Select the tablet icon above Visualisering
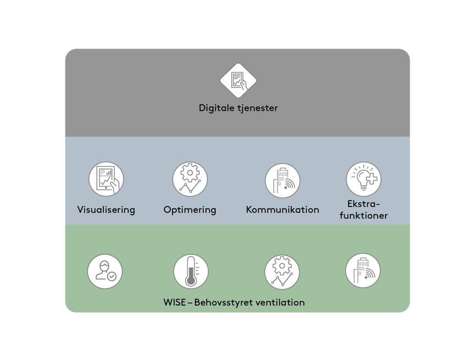tap(106, 179)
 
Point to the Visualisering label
tap(106, 210)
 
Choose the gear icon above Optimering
tap(190, 179)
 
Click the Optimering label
tap(190, 210)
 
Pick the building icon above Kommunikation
tap(282, 180)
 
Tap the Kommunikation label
tap(282, 210)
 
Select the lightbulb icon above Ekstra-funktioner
tap(364, 178)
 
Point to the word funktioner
tap(364, 215)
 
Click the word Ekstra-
tap(364, 204)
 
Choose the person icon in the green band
tap(105, 271)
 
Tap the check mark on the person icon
tap(112, 277)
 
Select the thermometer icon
tap(191, 271)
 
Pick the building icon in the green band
tap(363, 271)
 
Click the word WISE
tap(175, 302)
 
